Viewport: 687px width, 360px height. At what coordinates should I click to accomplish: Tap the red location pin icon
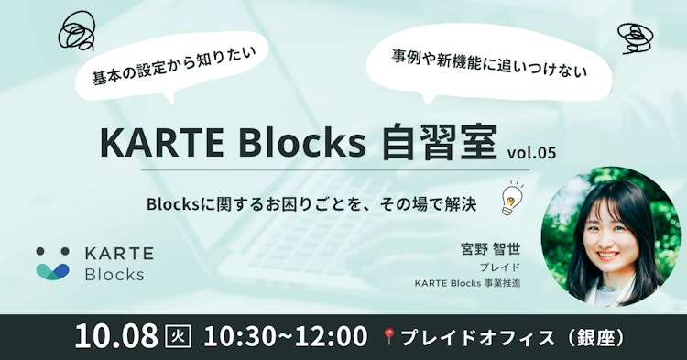389,335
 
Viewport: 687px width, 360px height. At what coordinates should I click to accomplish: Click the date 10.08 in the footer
119,335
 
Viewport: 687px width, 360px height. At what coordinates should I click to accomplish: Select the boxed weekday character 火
178,336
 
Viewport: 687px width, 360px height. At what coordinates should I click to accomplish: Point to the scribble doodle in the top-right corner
634,38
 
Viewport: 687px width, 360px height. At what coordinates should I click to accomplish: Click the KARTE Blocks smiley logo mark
52,262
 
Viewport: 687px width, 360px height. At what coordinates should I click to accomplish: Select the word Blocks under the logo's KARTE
114,274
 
